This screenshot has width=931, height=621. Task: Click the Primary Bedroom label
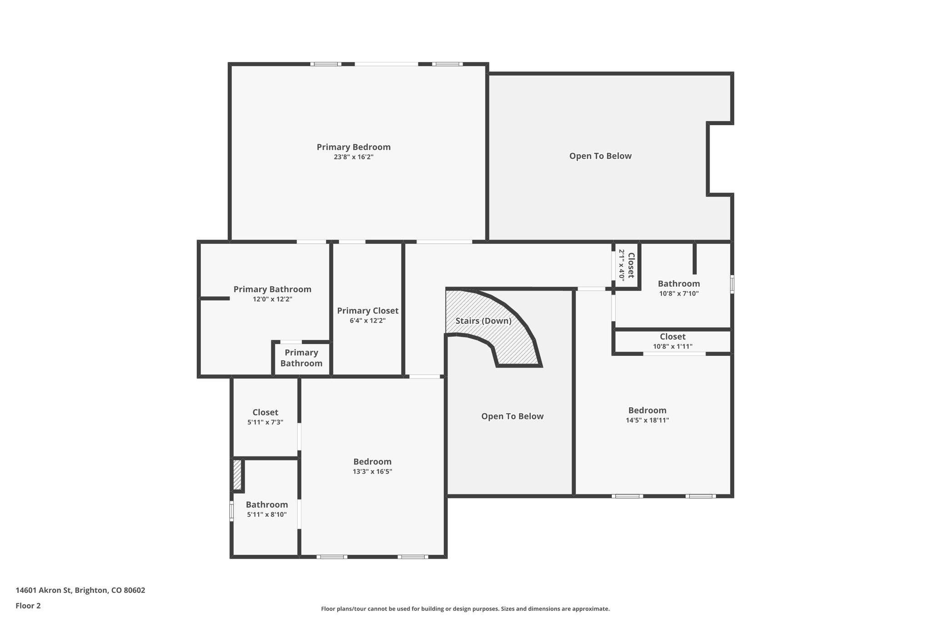pyautogui.click(x=353, y=147)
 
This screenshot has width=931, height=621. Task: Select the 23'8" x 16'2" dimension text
pyautogui.click(x=353, y=157)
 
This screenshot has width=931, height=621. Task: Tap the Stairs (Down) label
pyautogui.click(x=483, y=321)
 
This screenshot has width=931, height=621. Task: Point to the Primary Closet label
pyautogui.click(x=367, y=311)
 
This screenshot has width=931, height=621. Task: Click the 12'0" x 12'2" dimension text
pyautogui.click(x=272, y=299)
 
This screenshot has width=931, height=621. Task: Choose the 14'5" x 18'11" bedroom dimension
pyautogui.click(x=647, y=420)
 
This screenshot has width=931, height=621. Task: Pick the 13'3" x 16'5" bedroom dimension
pyautogui.click(x=372, y=472)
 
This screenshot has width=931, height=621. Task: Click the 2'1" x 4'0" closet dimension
pyautogui.click(x=621, y=265)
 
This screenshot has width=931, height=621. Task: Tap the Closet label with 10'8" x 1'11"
pyautogui.click(x=672, y=337)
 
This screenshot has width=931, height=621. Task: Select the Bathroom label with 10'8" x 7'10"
pyautogui.click(x=679, y=284)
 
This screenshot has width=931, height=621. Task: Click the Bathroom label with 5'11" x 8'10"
pyautogui.click(x=267, y=505)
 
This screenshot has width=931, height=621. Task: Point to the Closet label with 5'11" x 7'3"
pyautogui.click(x=265, y=412)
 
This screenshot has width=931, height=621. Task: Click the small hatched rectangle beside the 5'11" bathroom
pyautogui.click(x=237, y=475)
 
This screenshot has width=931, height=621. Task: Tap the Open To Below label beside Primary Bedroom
pyautogui.click(x=600, y=156)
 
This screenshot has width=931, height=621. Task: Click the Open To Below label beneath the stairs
pyautogui.click(x=512, y=416)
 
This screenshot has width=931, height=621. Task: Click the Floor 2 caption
pyautogui.click(x=28, y=606)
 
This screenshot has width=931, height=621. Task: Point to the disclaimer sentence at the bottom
pyautogui.click(x=465, y=609)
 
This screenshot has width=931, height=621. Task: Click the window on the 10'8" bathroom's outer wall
pyautogui.click(x=732, y=284)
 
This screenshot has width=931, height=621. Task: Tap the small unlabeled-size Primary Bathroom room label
pyautogui.click(x=301, y=358)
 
